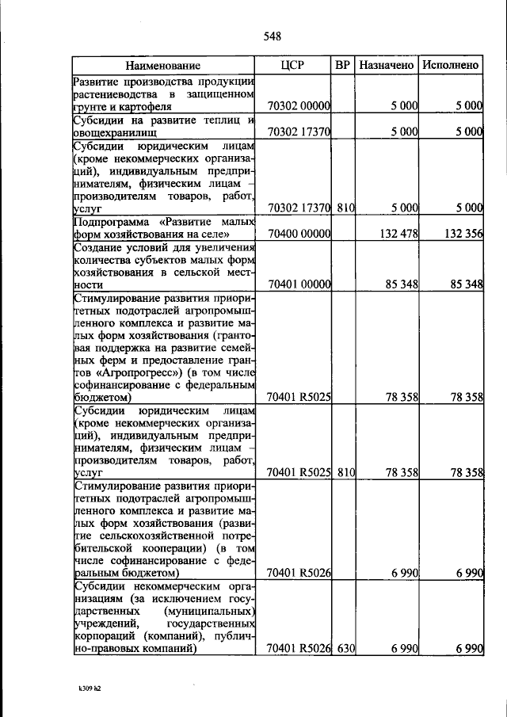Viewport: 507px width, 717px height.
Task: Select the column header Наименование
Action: coord(162,66)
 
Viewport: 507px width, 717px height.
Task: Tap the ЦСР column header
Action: coord(292,65)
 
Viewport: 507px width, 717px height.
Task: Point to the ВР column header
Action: coord(342,65)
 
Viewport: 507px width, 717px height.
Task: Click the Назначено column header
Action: coord(386,65)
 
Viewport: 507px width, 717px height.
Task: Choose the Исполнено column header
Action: coord(450,65)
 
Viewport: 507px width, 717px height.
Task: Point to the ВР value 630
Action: coord(345,649)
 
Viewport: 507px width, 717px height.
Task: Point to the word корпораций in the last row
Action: coord(103,636)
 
